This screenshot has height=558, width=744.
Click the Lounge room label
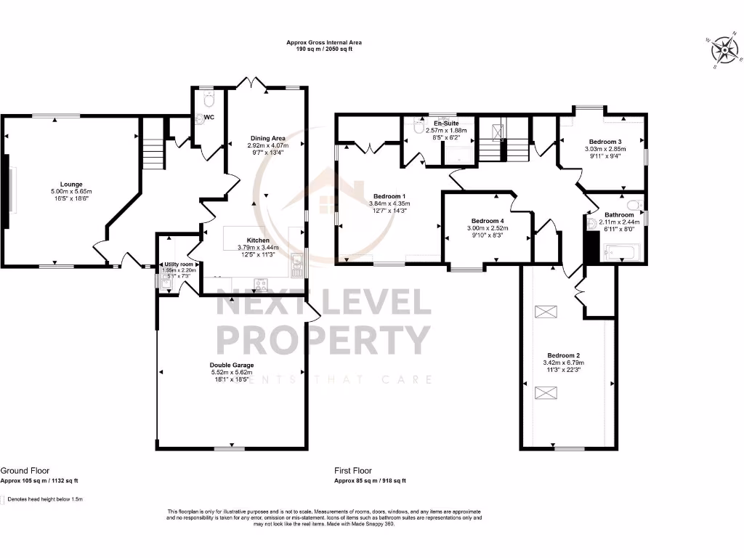(x=70, y=184)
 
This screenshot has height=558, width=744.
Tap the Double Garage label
(x=231, y=365)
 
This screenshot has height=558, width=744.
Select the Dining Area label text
(x=268, y=137)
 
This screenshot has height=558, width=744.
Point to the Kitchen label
(x=258, y=240)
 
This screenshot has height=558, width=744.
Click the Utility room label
(x=178, y=264)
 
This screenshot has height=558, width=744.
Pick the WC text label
(x=209, y=116)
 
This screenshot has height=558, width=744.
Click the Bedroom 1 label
(x=389, y=196)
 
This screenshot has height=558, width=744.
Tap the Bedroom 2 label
(x=563, y=355)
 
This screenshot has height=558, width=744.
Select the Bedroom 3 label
(x=604, y=142)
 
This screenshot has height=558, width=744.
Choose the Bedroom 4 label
(x=486, y=221)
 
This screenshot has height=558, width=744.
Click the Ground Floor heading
(x=25, y=471)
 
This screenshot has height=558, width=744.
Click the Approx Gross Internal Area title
(x=323, y=43)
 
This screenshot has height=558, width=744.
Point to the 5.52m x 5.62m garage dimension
(x=231, y=372)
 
